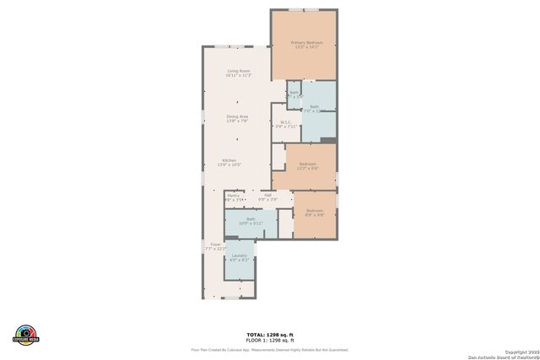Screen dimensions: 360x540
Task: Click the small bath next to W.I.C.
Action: coord(294,94)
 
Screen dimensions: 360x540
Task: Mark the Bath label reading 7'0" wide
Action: coord(314,107)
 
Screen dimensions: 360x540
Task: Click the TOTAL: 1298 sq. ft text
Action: coord(269,334)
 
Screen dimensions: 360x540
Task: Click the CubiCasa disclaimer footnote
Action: coord(269,349)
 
